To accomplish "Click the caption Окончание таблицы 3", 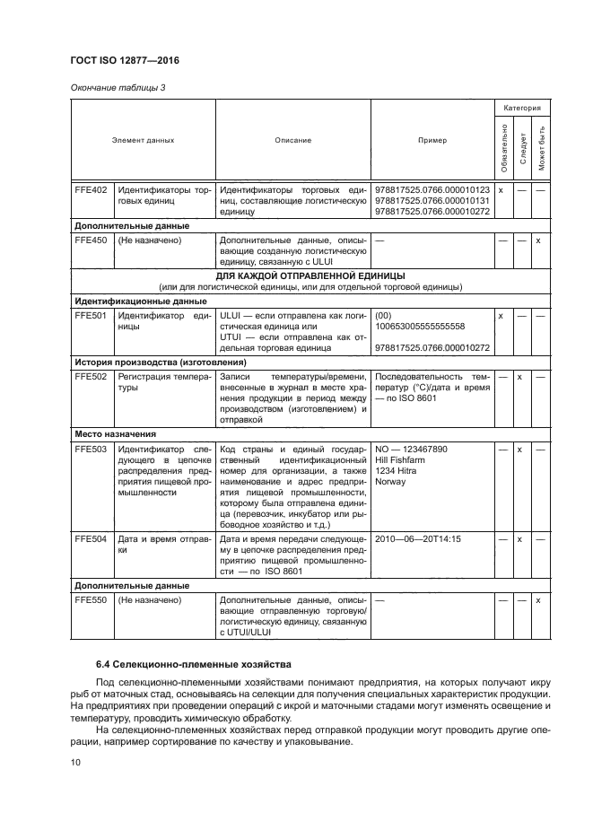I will (118, 87).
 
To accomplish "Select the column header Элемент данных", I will (143, 141).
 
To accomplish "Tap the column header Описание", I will (293, 141).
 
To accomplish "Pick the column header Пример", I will (432, 141).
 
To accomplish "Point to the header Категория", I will (521, 108).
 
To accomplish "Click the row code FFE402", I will (92, 190).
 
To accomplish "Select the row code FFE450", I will (92, 240).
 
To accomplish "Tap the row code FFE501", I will (92, 316).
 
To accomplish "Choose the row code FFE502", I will (92, 377).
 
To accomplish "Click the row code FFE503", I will (92, 449).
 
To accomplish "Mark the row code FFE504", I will (92, 539).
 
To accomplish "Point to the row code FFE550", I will (92, 600).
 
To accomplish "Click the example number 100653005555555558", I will (420, 327).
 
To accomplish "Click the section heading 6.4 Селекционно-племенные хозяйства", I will (194, 664).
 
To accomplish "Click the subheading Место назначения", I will (118, 433).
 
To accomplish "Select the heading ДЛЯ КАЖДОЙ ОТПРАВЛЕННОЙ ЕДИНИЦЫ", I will (310, 275).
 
